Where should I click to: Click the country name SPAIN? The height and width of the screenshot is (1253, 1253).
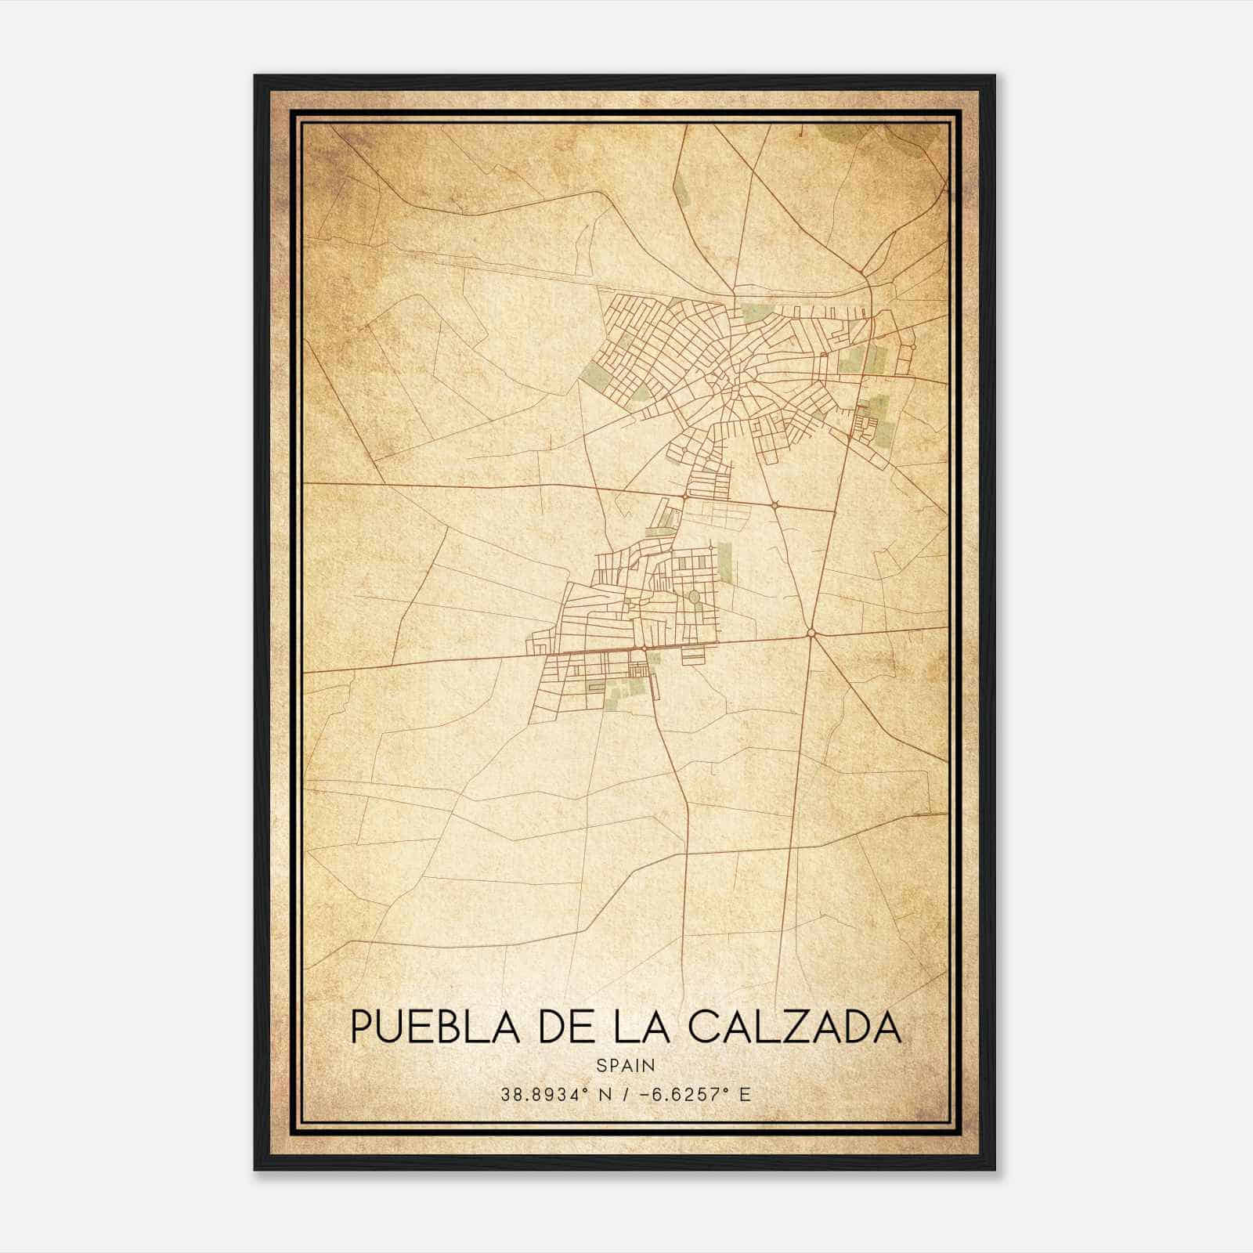(626, 1065)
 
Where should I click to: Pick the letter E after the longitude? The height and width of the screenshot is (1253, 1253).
(745, 1094)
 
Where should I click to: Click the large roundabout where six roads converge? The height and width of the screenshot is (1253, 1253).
(811, 633)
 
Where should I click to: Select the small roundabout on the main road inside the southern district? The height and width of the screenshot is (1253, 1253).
(644, 648)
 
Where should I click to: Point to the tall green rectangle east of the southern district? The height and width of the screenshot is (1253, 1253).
(724, 562)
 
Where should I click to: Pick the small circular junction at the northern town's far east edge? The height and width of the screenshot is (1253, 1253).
(913, 345)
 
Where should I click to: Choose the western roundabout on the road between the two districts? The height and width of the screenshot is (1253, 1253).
(685, 496)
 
